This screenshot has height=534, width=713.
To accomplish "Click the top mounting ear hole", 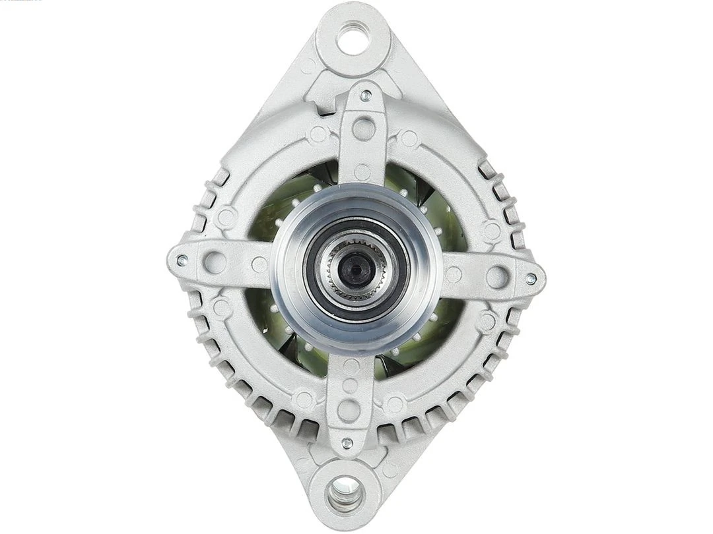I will point(353,38).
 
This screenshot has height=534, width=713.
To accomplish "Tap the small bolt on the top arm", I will point(366,96).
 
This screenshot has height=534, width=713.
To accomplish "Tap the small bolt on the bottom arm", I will point(346,443).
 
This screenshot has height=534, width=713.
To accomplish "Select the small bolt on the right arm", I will point(530,279).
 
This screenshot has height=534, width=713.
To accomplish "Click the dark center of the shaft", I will point(356,267).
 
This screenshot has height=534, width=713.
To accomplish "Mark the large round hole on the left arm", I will point(215,262).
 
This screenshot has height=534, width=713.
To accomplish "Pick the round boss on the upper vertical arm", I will point(364,128).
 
